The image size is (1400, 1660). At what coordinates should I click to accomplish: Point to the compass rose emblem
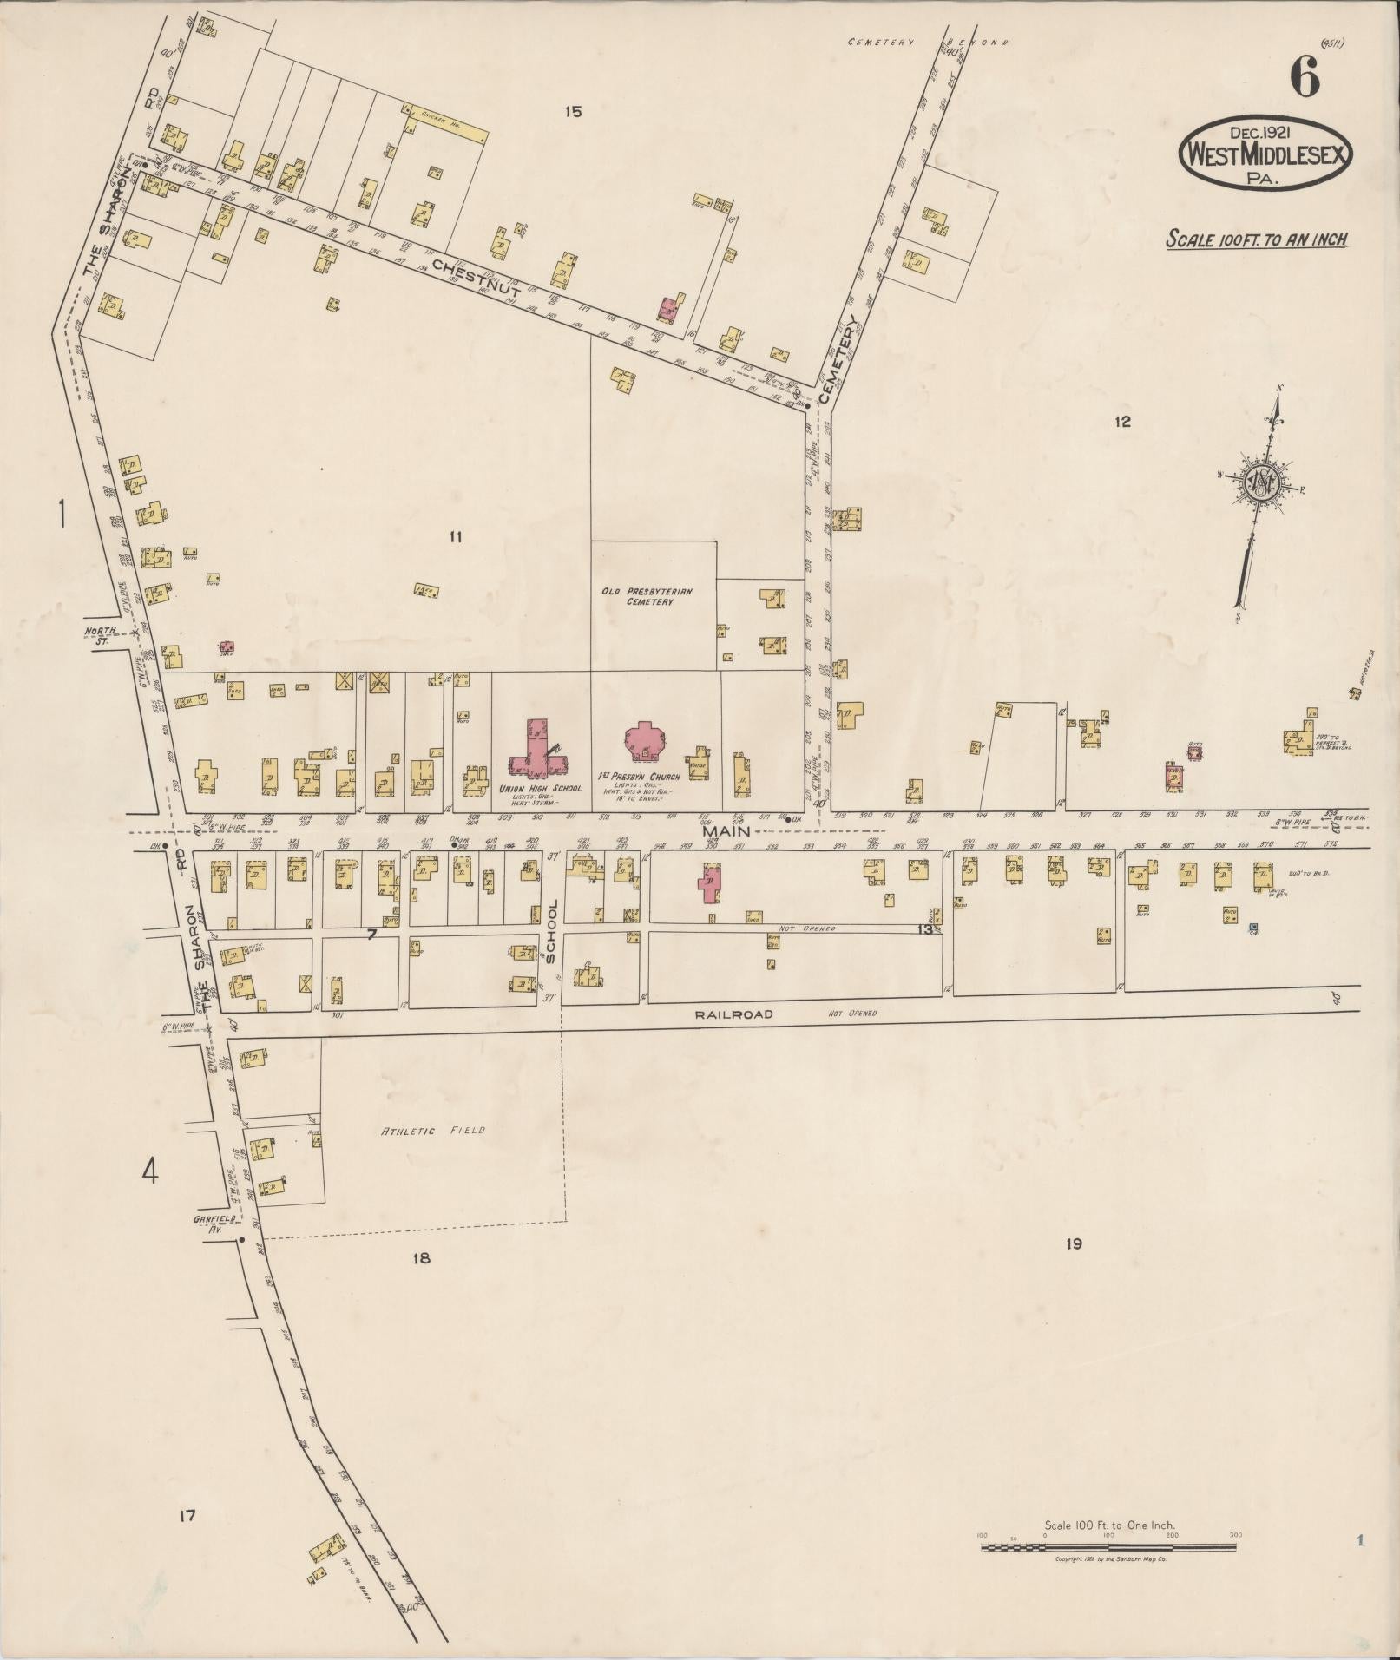click(x=1259, y=482)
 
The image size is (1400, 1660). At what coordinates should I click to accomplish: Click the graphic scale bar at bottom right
click(x=1109, y=938)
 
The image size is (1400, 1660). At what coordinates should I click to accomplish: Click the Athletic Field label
click(x=431, y=1131)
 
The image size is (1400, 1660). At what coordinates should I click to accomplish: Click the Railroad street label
click(x=733, y=1014)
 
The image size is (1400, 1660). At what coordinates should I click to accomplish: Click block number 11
click(x=455, y=537)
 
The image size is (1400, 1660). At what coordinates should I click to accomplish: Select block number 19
click(x=1074, y=1244)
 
